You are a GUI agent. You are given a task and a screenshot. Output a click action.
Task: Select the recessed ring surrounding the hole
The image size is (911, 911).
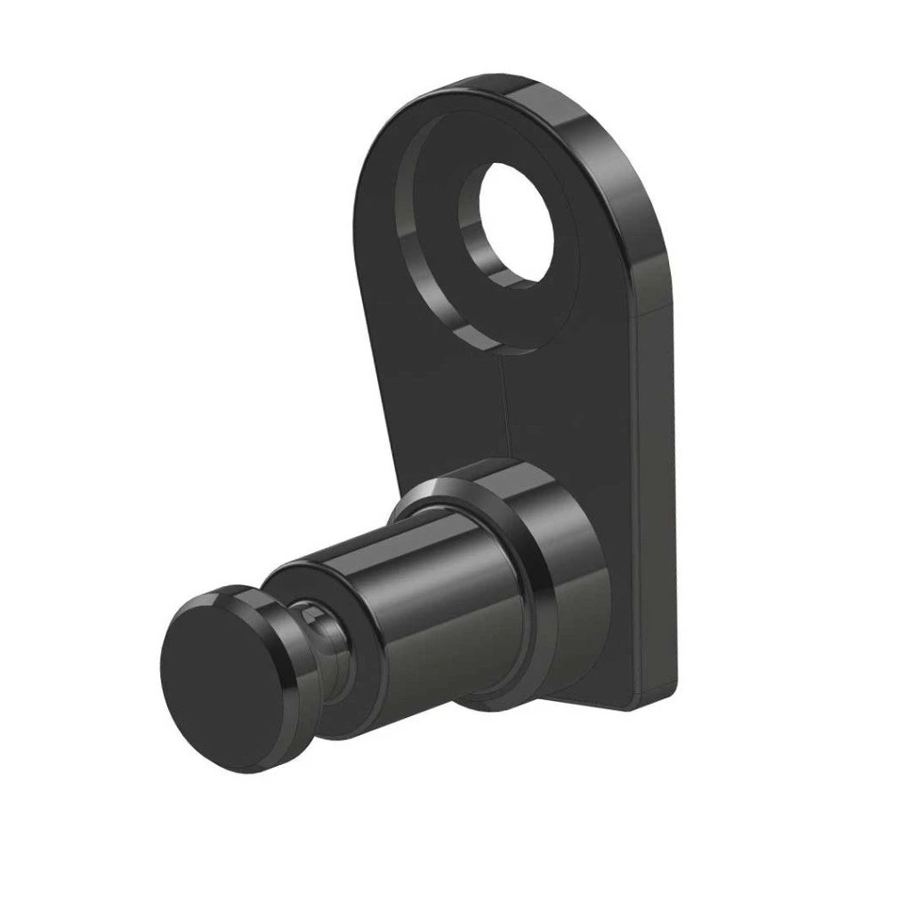click(x=436, y=267)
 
